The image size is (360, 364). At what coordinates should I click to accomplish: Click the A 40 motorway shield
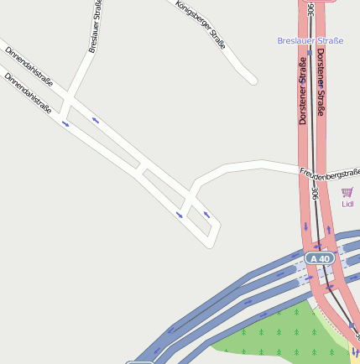click(319, 259)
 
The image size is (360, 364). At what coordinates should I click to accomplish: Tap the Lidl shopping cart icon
click(347, 192)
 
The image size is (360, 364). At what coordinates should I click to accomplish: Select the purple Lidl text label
click(347, 204)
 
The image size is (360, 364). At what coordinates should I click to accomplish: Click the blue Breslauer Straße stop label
click(310, 40)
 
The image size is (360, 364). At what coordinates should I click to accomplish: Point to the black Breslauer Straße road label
click(95, 27)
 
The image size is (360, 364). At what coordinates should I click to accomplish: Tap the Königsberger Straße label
click(201, 23)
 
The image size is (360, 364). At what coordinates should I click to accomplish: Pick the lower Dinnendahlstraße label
click(28, 92)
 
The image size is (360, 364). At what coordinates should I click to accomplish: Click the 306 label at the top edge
click(311, 10)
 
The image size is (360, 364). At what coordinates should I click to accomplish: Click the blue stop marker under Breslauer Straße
click(310, 52)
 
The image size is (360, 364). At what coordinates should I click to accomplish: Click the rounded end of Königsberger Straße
click(252, 80)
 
